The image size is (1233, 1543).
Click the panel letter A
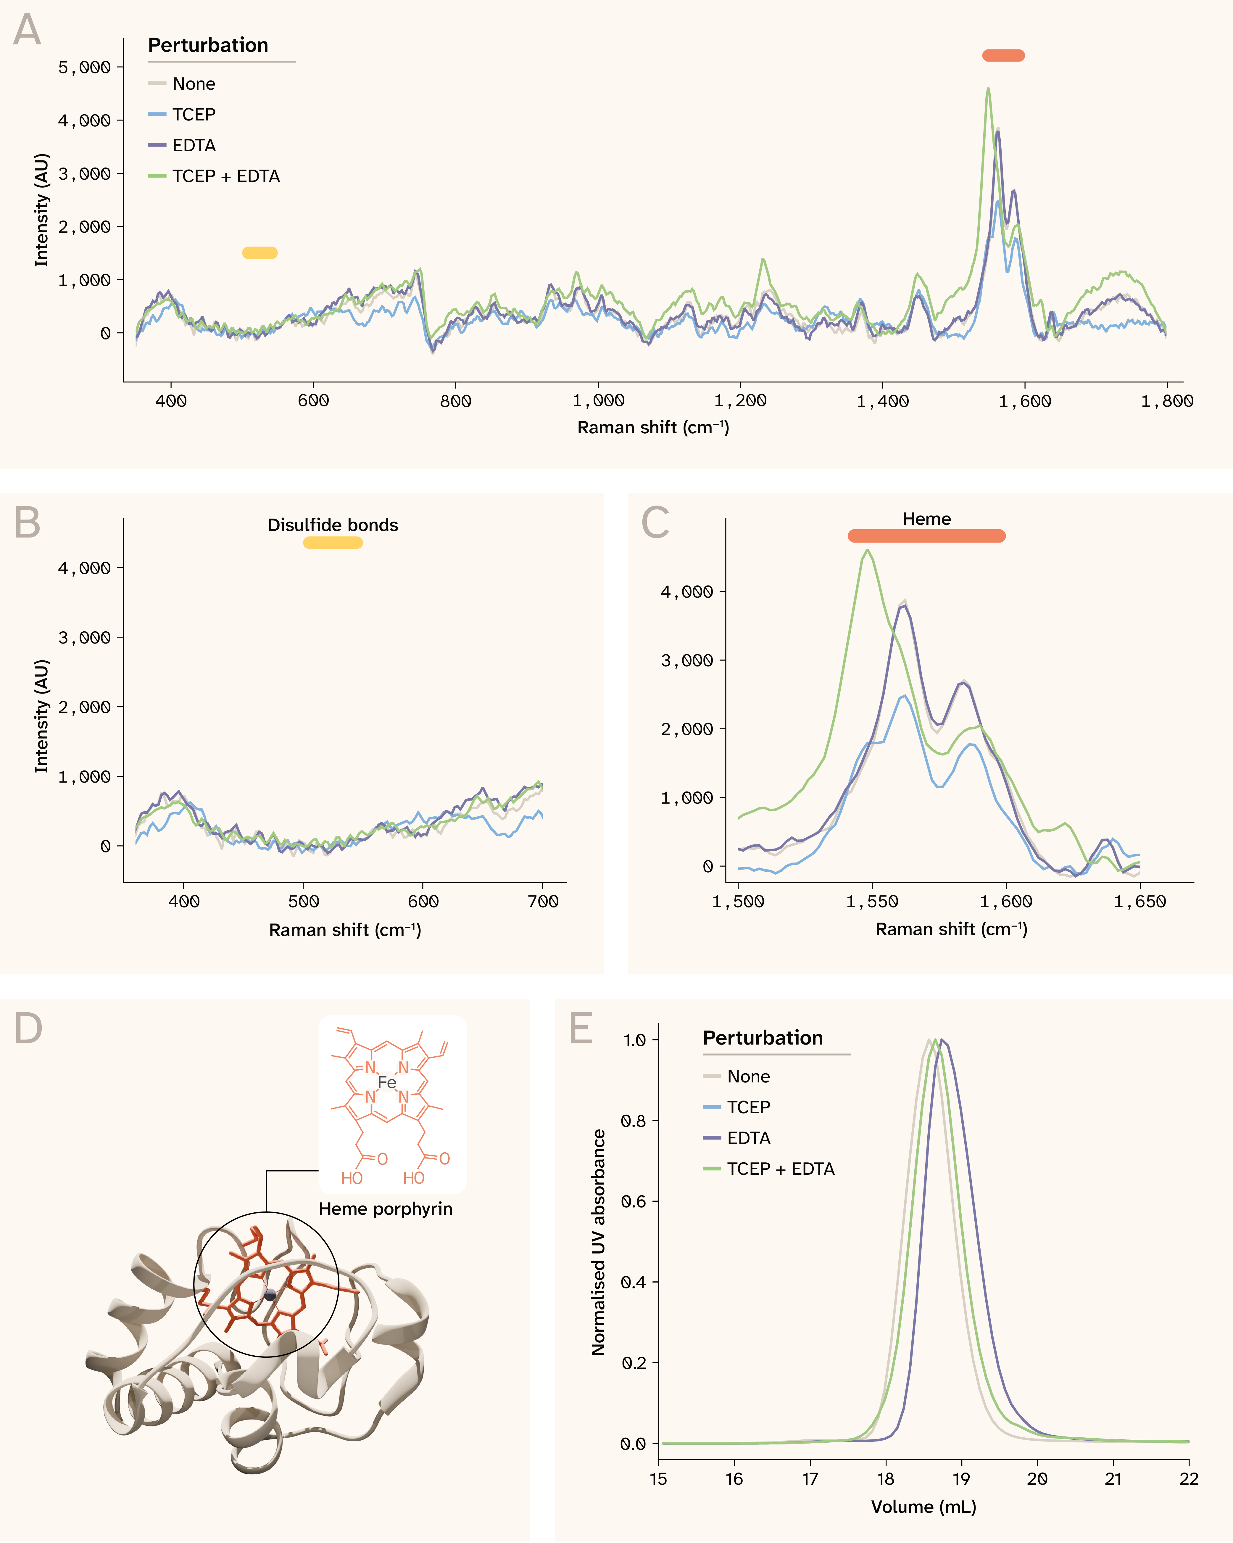(x=27, y=30)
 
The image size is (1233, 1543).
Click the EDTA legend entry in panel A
(x=193, y=145)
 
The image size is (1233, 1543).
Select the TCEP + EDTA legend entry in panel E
(x=780, y=1169)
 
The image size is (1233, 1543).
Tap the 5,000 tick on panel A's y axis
(x=84, y=67)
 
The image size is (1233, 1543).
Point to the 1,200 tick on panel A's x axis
(x=740, y=401)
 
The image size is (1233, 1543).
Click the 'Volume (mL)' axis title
(x=923, y=1507)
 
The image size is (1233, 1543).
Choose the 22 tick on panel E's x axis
(x=1189, y=1478)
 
